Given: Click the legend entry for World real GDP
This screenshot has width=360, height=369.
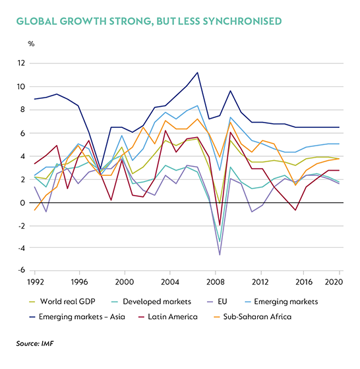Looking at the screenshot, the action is pos(62,302).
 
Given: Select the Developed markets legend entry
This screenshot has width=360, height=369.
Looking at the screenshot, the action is pos(151,302).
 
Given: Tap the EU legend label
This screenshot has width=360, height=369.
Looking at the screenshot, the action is pos(222,302).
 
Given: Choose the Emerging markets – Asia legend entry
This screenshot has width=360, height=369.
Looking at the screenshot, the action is pos(77,317).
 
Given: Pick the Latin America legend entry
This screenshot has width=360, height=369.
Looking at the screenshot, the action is pos(167,317).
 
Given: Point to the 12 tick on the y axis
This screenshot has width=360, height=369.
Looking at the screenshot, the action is pos(20,63).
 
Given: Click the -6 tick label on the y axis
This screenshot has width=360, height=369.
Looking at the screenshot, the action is pos(21,270).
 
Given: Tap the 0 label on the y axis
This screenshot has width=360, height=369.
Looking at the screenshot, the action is pos(22,203).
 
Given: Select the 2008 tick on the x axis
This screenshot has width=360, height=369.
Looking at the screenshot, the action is pos(215,282).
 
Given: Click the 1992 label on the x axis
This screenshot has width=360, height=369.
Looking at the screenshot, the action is pos(36,282).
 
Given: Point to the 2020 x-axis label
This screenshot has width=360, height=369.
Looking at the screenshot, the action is pos(334,282).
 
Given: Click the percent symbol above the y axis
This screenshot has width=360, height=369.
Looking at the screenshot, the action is pos(31,43).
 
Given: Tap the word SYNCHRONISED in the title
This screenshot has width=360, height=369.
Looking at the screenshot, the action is pos(242,21).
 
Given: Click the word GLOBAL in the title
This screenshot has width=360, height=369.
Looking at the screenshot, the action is pos(36,21).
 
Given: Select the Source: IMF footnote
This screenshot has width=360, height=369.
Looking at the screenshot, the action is pos(35,343).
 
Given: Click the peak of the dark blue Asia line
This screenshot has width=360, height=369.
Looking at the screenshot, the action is pos(197,72).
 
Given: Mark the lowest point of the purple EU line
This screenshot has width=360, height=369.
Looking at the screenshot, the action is pos(220,255).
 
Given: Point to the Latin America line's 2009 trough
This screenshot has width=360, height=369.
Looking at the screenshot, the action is pos(220,225).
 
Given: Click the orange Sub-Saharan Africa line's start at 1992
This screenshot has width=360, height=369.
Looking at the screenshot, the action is pos(34,210).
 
